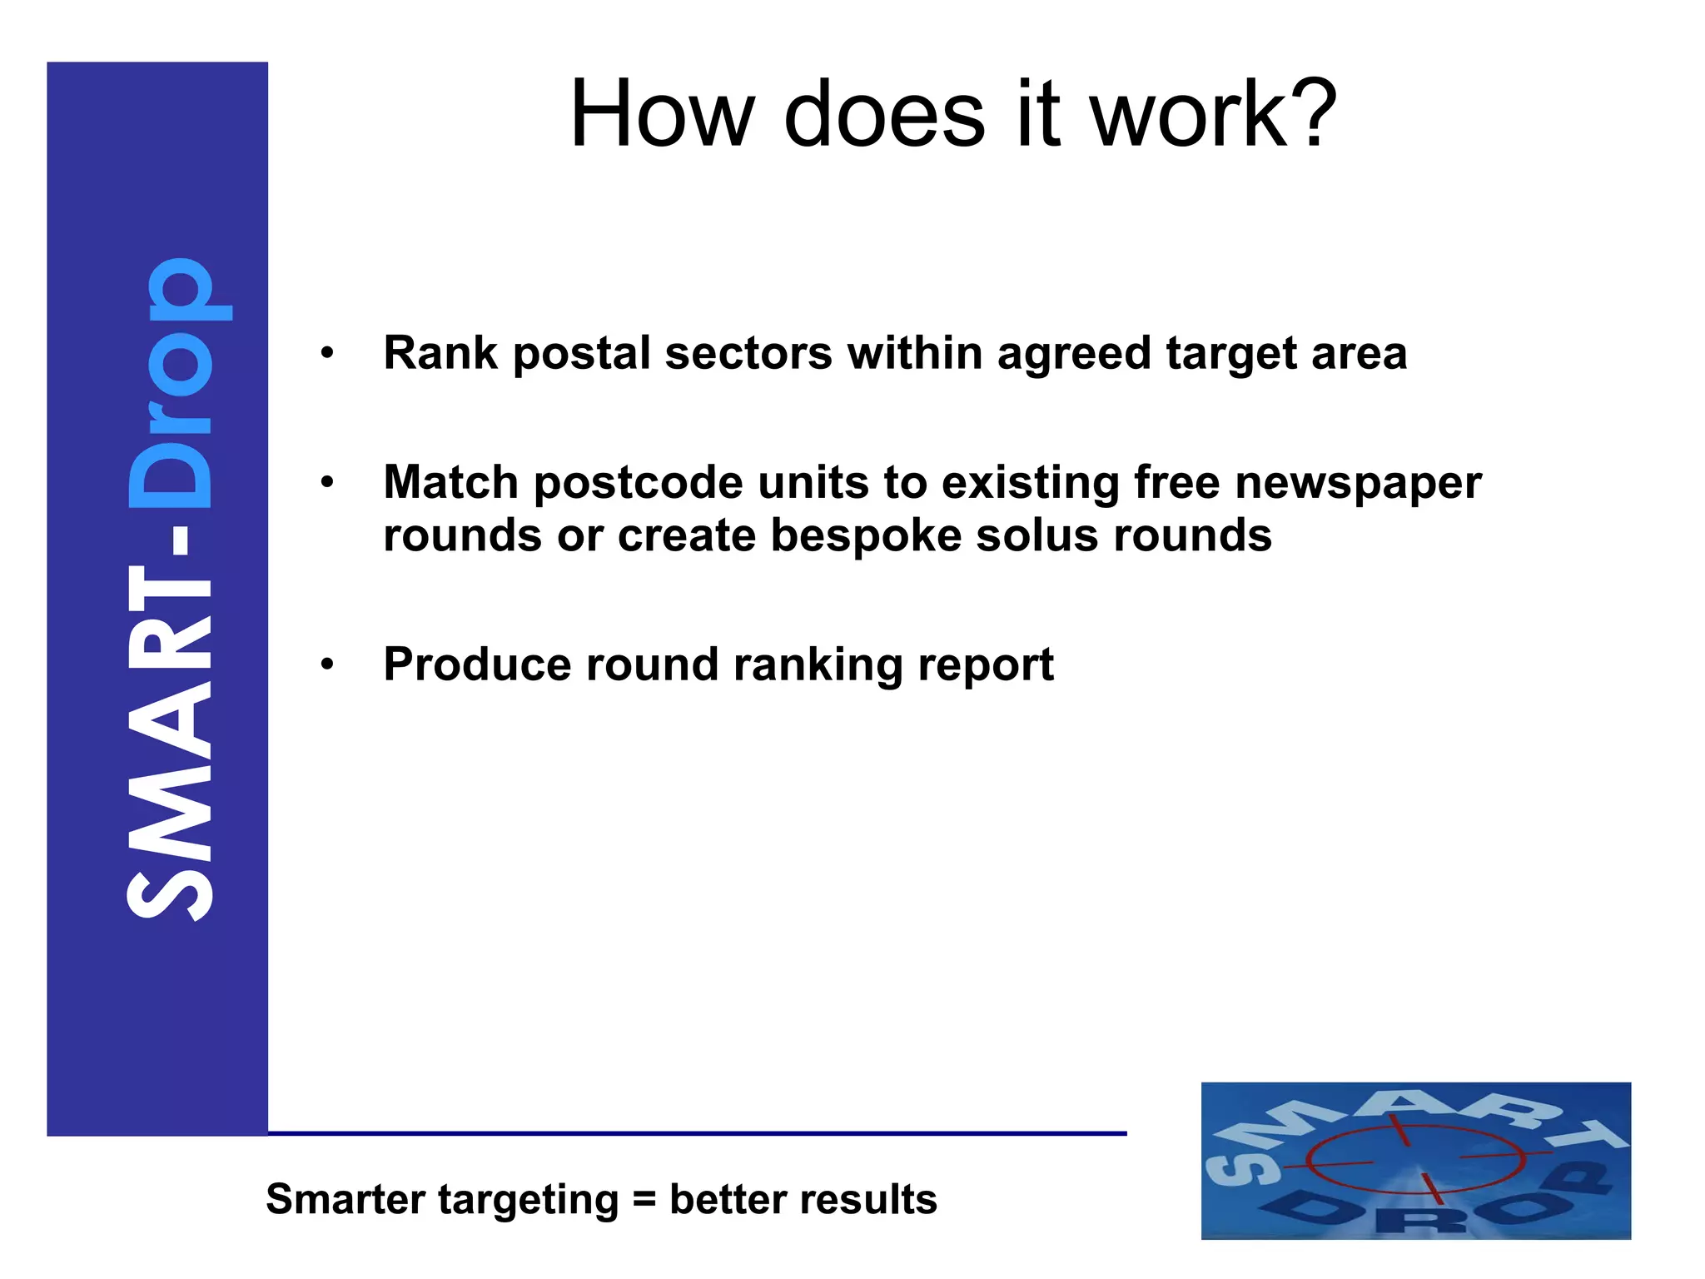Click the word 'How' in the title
pyautogui.click(x=662, y=114)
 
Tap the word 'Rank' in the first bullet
pyautogui.click(x=440, y=352)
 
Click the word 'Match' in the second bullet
pyautogui.click(x=450, y=482)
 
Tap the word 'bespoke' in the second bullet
pyautogui.click(x=865, y=535)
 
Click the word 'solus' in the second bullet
pyautogui.click(x=1036, y=535)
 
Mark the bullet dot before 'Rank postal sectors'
pyautogui.click(x=327, y=353)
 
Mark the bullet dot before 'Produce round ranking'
pyautogui.click(x=327, y=664)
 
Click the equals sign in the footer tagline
pyautogui.click(x=644, y=1200)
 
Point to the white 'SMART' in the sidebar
pyautogui.click(x=171, y=741)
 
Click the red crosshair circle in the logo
pyautogui.click(x=1414, y=1159)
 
